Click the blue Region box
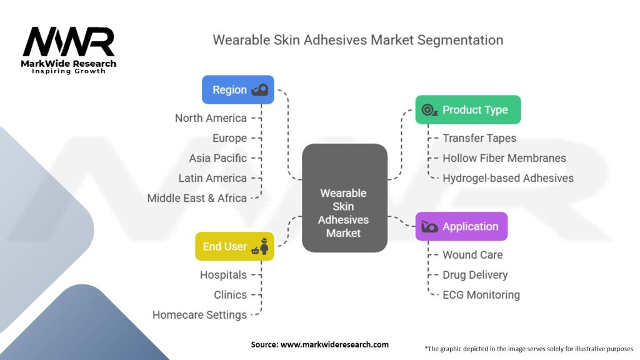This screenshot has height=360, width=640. point(237,89)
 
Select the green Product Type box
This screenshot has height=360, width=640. point(467,109)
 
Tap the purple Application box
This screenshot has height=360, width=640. point(461,226)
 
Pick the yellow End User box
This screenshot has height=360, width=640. point(234,246)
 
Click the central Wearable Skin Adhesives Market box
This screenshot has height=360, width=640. point(344,212)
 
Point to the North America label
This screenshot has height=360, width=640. point(211,118)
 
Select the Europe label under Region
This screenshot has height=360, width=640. point(229,138)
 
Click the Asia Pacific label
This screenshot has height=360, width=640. point(217,158)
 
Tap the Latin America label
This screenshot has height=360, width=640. point(212,178)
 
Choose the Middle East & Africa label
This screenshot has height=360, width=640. point(197,198)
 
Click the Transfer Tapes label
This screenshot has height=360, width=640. point(479,138)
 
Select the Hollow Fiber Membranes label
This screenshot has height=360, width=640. point(504,158)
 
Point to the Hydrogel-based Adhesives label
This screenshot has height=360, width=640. point(507,178)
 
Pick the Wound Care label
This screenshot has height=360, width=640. point(472,255)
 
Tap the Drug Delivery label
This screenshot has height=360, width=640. point(475,275)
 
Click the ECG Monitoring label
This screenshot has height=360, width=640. point(481,295)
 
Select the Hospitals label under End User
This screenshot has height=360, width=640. point(223,275)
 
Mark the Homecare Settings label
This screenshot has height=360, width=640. point(199,315)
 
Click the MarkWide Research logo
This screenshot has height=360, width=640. point(69,49)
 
